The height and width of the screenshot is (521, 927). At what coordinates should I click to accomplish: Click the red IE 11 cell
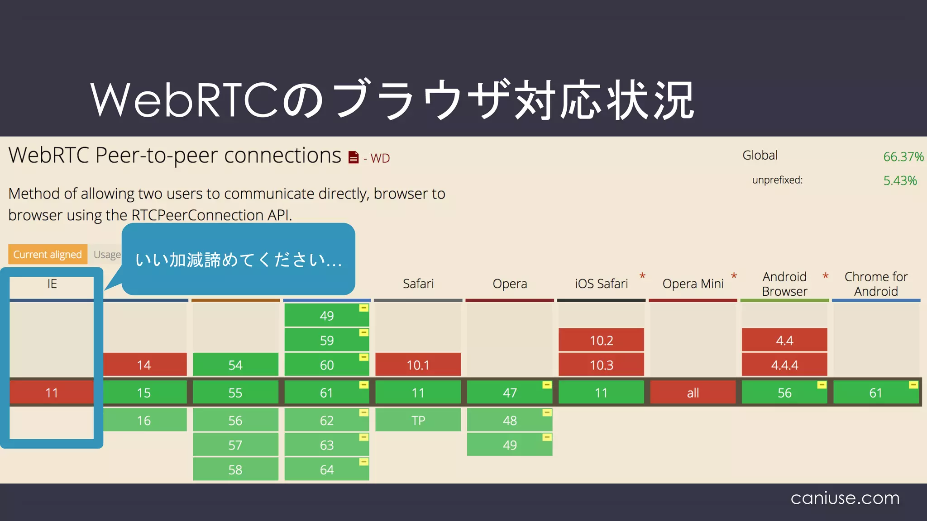(x=52, y=393)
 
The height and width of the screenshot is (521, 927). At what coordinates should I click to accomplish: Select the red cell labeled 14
(x=144, y=365)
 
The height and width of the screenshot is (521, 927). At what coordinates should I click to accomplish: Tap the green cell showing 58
(x=235, y=469)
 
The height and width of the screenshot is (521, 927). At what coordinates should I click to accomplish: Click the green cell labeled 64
(x=326, y=469)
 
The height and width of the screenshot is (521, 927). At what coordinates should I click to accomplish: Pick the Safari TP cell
(x=418, y=420)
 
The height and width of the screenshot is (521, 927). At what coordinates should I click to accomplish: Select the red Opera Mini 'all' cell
(x=693, y=393)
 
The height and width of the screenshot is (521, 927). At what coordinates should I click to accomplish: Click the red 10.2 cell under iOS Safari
(x=601, y=340)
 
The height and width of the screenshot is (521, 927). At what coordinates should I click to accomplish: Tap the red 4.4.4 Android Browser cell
(x=784, y=365)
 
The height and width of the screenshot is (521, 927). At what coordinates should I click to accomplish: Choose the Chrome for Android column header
(x=876, y=284)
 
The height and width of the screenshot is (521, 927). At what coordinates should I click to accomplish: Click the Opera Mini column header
(x=693, y=284)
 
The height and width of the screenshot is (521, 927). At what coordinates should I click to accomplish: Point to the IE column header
(x=52, y=284)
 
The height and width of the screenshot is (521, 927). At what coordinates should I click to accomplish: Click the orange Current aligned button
(x=48, y=254)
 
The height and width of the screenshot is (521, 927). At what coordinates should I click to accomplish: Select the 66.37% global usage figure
(x=903, y=156)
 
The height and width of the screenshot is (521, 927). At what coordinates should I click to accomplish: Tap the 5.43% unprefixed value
(x=900, y=180)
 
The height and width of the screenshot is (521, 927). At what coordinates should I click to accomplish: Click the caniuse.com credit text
(x=845, y=497)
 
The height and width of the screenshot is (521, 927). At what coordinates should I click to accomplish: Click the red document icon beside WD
(x=354, y=157)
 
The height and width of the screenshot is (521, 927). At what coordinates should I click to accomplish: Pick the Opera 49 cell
(x=509, y=445)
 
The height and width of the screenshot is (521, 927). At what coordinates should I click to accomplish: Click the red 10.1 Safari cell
(x=418, y=365)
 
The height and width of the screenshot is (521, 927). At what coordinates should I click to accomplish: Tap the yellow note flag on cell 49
(x=363, y=308)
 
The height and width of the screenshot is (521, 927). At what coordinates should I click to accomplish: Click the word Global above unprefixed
(x=760, y=155)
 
